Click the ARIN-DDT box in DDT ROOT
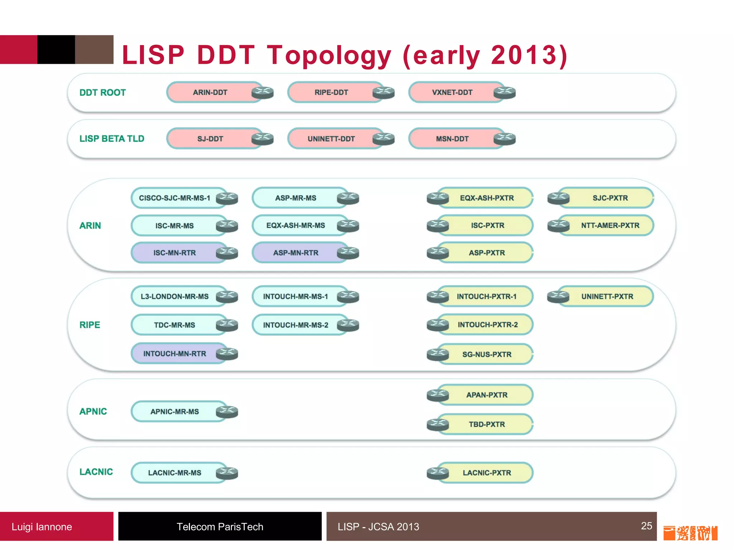click(210, 92)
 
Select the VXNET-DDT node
click(452, 92)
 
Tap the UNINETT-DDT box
click(331, 139)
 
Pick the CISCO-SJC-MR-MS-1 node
click(175, 198)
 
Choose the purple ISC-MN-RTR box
click(175, 253)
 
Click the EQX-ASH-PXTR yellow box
click(487, 198)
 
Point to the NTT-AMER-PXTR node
click(610, 226)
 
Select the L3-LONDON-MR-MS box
click(175, 296)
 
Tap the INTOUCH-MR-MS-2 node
click(296, 325)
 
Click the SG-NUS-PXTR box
click(487, 354)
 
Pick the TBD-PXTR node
click(487, 424)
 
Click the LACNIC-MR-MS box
click(175, 473)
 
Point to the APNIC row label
click(93, 411)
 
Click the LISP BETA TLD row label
click(112, 139)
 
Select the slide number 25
click(647, 526)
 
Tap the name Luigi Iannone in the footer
click(42, 527)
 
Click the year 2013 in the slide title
click(523, 56)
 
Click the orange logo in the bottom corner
click(690, 533)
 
